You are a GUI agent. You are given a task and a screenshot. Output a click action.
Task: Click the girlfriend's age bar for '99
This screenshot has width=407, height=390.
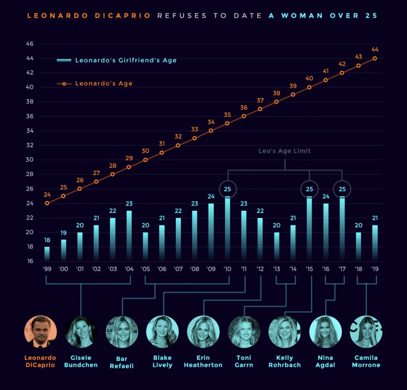click(x=47, y=254)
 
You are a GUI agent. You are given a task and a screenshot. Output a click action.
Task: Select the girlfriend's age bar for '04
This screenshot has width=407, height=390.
click(x=129, y=236)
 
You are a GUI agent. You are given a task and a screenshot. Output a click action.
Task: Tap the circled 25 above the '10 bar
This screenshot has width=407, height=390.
click(x=227, y=189)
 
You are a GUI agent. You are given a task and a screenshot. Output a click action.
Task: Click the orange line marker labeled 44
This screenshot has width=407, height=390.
click(x=375, y=58)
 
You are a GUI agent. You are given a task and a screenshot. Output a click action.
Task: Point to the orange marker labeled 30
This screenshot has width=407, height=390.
click(x=145, y=160)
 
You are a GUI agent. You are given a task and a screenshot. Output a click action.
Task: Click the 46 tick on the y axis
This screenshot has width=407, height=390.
click(x=30, y=44)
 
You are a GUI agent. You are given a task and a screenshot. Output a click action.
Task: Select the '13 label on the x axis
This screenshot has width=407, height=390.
click(x=276, y=269)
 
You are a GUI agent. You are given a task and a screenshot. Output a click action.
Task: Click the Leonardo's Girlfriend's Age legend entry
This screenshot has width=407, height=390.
click(x=116, y=60)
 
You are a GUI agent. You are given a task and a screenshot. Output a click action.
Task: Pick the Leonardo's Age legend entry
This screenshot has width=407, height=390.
click(x=94, y=84)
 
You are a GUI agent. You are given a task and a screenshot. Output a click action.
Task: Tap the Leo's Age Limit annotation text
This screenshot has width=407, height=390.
click(x=284, y=151)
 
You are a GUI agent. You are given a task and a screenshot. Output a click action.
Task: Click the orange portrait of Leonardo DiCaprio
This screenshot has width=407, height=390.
click(x=40, y=331)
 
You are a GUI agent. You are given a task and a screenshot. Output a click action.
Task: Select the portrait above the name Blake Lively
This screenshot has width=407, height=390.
click(x=163, y=331)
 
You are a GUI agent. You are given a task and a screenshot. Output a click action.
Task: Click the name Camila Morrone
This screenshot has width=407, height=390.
click(x=366, y=361)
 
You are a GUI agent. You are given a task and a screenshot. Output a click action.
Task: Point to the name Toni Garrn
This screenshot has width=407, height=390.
click(x=244, y=361)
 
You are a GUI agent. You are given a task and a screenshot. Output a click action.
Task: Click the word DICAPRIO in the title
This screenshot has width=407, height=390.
click(x=123, y=15)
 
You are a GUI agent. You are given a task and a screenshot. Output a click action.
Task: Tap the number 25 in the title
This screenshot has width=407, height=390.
click(x=371, y=15)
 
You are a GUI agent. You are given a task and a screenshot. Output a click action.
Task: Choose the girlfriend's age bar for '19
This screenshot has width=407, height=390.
click(x=375, y=243)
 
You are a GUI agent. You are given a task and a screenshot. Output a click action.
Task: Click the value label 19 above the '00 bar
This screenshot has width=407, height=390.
click(x=63, y=233)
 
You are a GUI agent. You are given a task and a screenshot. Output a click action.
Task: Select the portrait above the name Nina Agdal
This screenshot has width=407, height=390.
click(x=325, y=331)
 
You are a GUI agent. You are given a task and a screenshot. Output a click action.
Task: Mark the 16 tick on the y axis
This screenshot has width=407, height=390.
click(x=30, y=261)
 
